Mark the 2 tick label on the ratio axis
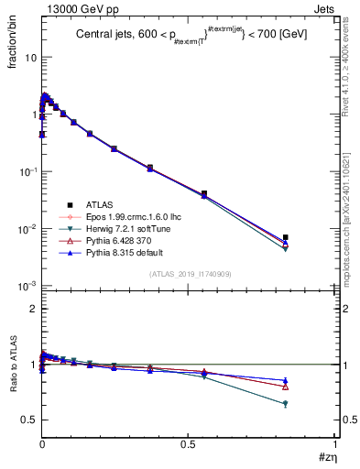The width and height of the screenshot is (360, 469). pyautogui.click(x=30, y=310)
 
